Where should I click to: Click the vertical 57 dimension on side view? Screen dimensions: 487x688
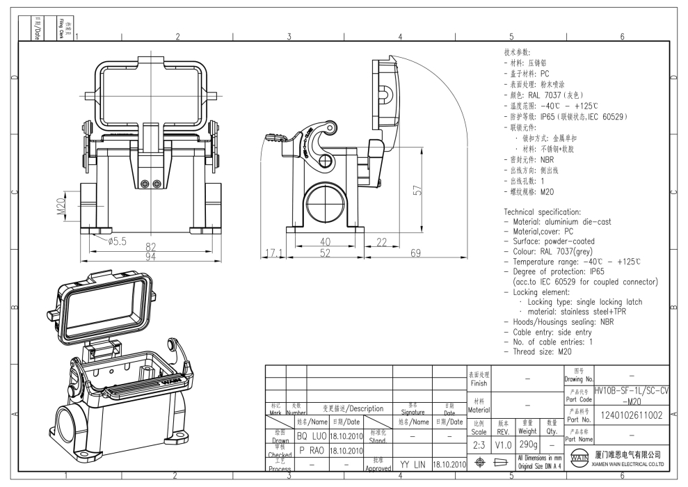pyautogui.click(x=417, y=191)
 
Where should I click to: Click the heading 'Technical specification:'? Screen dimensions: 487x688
pyautogui.click(x=541, y=211)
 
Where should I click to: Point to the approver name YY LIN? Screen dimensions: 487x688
pyautogui.click(x=413, y=463)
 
